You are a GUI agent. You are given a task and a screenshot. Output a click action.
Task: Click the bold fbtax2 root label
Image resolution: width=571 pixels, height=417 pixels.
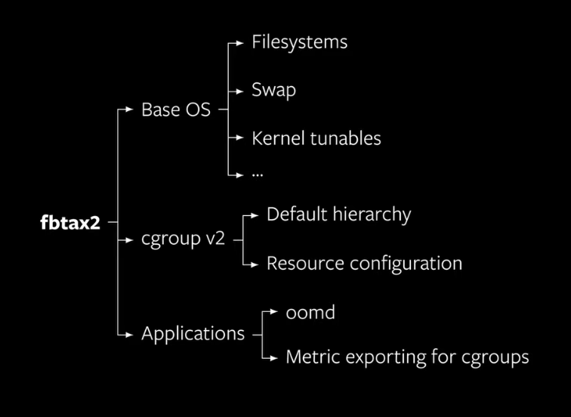tap(69, 224)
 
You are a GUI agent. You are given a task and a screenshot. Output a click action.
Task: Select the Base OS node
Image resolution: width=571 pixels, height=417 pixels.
tap(176, 110)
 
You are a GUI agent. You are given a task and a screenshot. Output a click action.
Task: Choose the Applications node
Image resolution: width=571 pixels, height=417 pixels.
tap(193, 333)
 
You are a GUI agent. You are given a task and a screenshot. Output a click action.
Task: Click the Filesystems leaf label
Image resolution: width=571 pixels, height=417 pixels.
tap(299, 42)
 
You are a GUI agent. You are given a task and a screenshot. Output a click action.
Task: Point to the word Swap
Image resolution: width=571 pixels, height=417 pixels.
tap(273, 90)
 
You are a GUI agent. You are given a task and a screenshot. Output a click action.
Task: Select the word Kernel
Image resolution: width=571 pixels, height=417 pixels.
tap(276, 138)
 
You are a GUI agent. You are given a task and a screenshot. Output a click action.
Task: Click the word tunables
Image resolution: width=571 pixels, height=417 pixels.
tap(343, 139)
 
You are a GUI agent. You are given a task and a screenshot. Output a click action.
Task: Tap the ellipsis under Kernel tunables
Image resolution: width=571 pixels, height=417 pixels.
tap(258, 174)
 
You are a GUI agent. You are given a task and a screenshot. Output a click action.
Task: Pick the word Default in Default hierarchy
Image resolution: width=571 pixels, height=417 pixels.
tap(295, 215)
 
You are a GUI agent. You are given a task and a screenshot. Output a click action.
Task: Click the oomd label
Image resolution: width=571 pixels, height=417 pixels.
tap(310, 312)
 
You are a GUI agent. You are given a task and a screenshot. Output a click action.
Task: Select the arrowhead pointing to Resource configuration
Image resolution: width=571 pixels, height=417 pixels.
tap(258, 264)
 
